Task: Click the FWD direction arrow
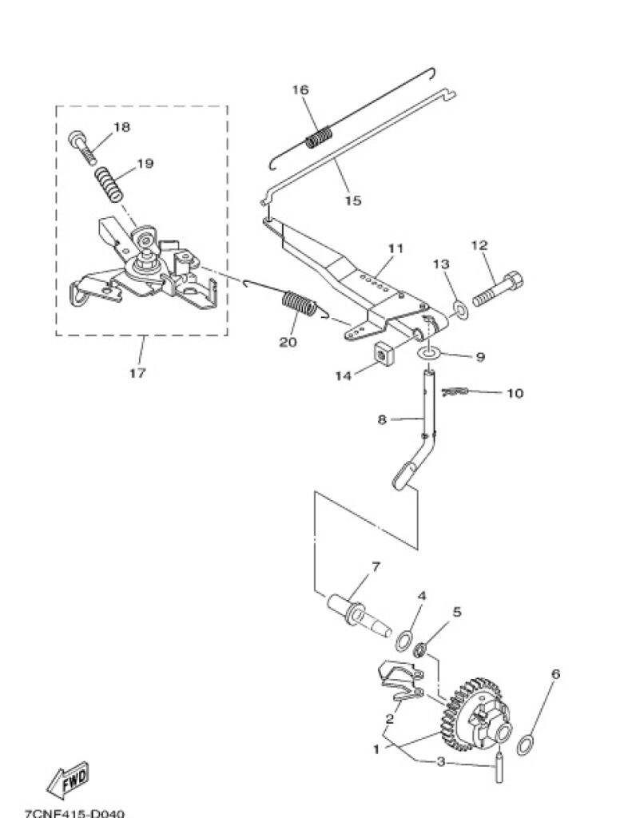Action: pos(68,779)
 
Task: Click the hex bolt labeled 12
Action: pos(498,288)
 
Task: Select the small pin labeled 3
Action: pos(499,764)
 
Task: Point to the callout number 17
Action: pos(137,373)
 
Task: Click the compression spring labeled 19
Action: pos(109,184)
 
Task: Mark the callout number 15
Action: pos(353,201)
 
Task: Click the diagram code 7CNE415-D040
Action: pos(74,813)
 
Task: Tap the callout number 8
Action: pos(383,419)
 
